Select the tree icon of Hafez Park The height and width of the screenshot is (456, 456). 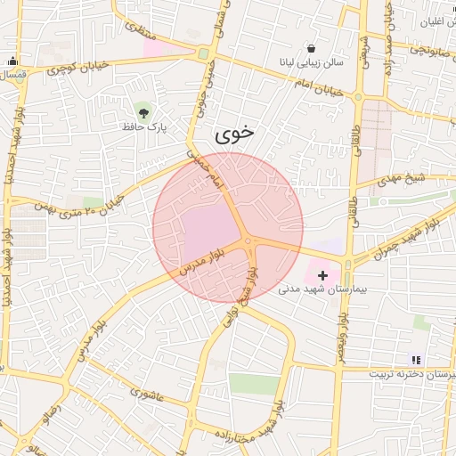coord(143,111)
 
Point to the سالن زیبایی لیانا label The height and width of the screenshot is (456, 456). coord(309,64)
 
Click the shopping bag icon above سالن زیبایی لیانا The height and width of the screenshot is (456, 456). coord(310,48)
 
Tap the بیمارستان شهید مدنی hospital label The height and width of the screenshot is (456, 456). coord(322,289)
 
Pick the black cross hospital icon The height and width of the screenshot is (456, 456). coord(322,276)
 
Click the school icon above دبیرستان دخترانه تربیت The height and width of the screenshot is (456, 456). coord(416,360)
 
